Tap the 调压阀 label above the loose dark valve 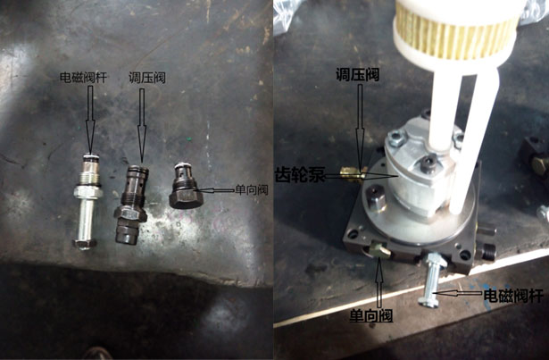point(147,78)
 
